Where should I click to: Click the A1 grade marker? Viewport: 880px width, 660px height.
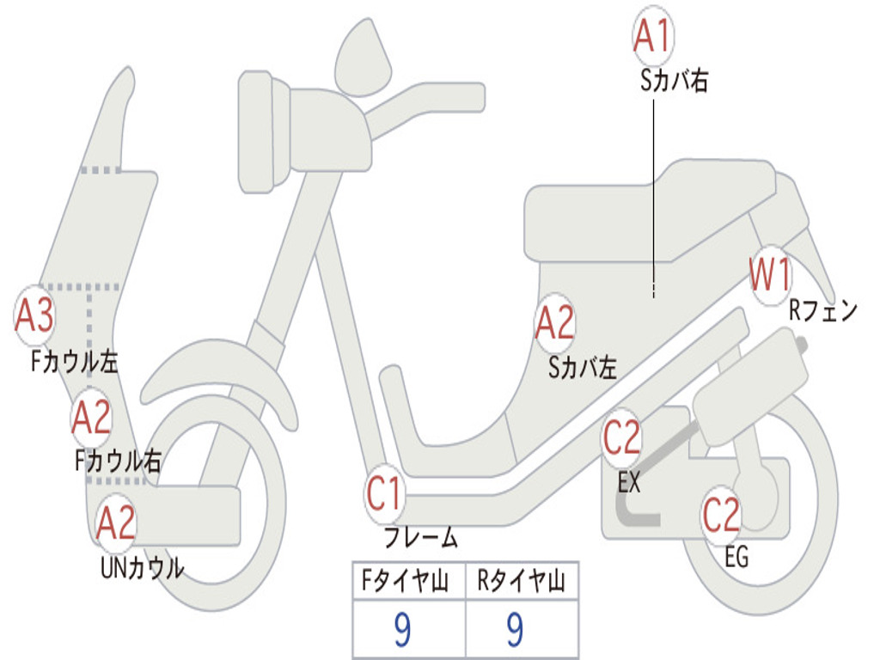click(652, 35)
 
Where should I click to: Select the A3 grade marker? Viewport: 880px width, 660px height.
click(34, 315)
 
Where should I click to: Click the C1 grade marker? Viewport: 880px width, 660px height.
click(384, 494)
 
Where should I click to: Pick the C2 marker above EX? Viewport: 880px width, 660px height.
click(621, 438)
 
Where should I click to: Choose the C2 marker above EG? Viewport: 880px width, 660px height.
click(721, 515)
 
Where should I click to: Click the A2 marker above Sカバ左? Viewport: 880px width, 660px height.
click(554, 323)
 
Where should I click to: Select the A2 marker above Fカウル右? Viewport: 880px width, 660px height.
click(91, 419)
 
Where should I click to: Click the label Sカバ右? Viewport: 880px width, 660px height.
click(675, 82)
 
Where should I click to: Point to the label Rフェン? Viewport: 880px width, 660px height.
click(823, 311)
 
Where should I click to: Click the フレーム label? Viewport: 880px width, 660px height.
click(420, 539)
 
